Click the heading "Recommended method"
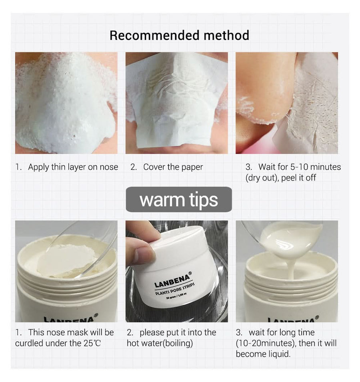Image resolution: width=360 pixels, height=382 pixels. [179, 35]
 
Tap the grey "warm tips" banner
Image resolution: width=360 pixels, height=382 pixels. [179, 199]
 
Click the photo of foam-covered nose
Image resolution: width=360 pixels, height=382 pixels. [66, 103]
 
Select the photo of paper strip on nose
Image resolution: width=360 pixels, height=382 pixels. [176, 103]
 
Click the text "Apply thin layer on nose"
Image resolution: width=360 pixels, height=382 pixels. [73, 167]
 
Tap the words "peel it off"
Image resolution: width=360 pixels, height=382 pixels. [298, 178]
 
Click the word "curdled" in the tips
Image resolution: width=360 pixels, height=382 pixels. [31, 343]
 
